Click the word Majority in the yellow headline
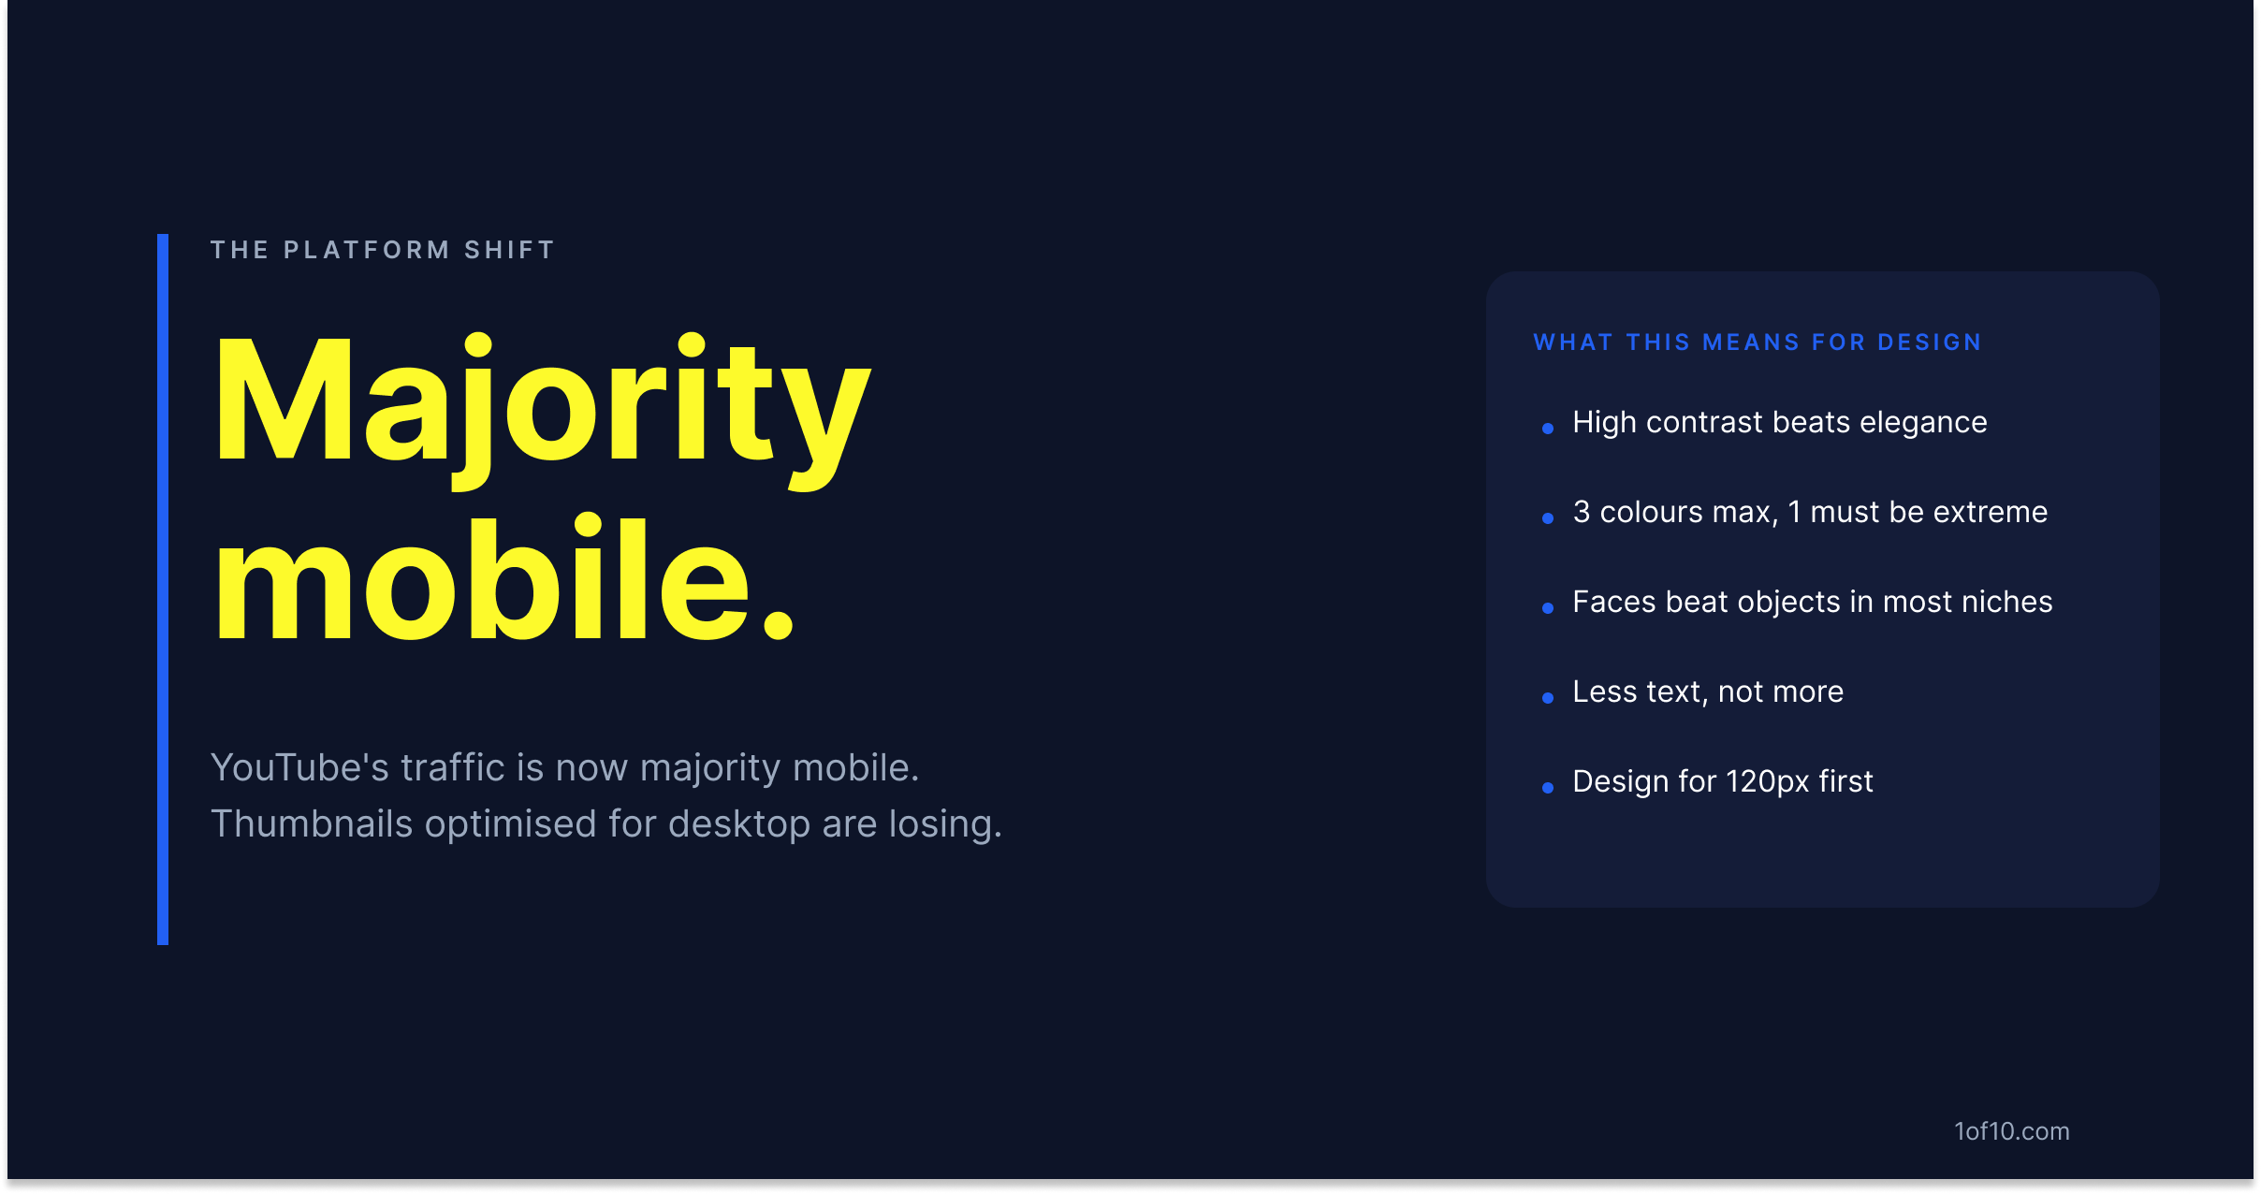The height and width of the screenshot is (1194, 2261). click(x=543, y=410)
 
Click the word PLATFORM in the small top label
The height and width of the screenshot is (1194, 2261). click(x=367, y=250)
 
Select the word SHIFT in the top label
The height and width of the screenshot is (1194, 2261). click(x=510, y=250)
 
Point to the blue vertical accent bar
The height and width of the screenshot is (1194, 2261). click(x=163, y=590)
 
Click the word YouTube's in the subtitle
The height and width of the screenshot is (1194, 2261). click(x=299, y=767)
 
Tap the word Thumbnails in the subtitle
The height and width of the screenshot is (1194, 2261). click(x=312, y=823)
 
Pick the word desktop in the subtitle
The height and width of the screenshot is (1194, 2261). click(x=739, y=825)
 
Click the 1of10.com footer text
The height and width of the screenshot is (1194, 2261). click(x=2012, y=1131)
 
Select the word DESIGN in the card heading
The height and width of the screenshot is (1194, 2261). click(x=1930, y=342)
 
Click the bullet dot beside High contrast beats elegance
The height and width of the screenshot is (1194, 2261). click(x=1548, y=429)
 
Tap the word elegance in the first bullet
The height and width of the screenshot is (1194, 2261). click(x=1923, y=424)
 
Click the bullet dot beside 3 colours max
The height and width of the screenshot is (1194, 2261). click(x=1548, y=518)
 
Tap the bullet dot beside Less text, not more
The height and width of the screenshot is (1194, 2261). click(x=1548, y=698)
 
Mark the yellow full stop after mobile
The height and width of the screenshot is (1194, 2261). click(x=779, y=621)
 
